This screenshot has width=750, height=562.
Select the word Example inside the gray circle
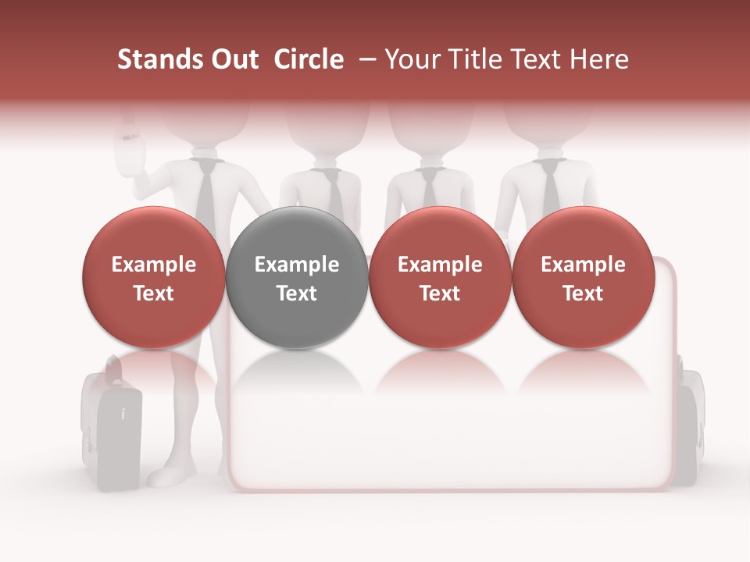tap(297, 265)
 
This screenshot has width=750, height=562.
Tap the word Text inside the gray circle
tap(297, 293)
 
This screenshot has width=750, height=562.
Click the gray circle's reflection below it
tap(297, 375)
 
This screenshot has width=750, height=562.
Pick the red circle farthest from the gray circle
tap(583, 278)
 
